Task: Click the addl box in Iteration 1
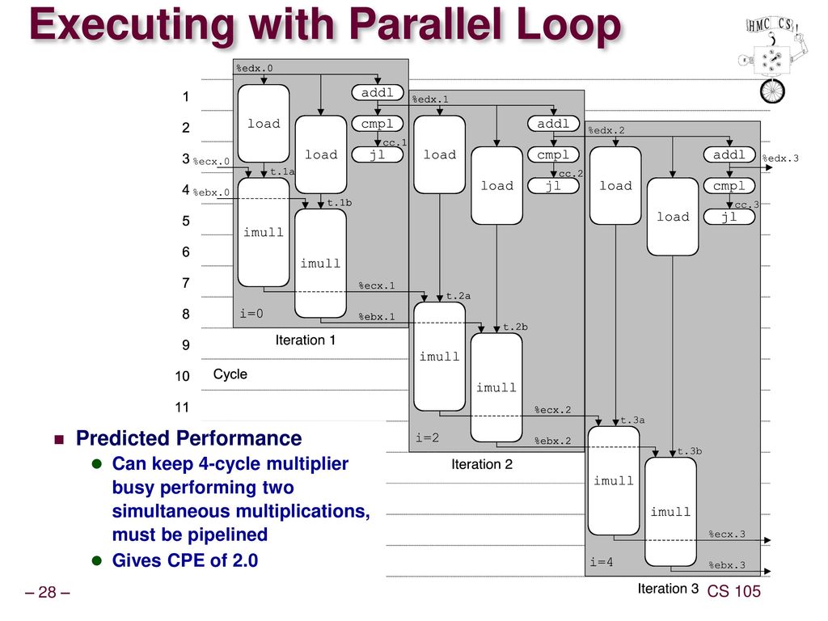[377, 93]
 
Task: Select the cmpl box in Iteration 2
[553, 154]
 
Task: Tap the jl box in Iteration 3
[729, 217]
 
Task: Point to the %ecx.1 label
[377, 285]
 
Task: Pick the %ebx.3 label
[727, 565]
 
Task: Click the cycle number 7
[185, 284]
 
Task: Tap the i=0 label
[251, 314]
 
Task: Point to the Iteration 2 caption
[482, 465]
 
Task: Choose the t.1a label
[282, 172]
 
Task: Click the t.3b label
[690, 451]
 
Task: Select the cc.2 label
[571, 174]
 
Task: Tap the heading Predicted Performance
[188, 439]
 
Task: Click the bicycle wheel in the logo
[772, 91]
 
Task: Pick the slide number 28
[47, 593]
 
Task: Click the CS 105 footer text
[733, 592]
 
